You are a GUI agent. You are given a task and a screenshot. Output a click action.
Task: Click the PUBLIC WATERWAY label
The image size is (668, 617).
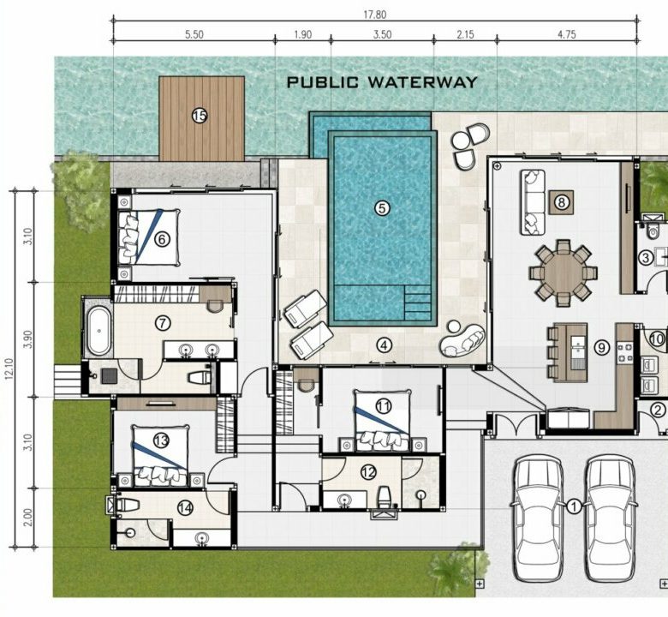382,82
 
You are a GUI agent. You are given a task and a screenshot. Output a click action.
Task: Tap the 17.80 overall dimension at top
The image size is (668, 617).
374,15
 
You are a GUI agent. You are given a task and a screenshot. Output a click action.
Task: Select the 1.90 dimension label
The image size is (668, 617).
303,34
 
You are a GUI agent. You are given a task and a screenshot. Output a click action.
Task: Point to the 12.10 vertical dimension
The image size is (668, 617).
9,369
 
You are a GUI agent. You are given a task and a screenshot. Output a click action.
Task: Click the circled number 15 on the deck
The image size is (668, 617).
200,115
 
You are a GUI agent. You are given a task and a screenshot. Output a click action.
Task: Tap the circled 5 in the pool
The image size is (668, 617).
382,208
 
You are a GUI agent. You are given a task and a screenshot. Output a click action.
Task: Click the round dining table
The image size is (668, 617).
564,273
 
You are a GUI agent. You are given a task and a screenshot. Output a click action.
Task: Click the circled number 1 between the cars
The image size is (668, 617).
574,506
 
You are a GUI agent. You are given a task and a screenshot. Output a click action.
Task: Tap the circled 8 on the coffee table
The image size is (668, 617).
561,202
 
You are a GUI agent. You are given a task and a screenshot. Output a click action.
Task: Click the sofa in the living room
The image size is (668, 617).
532,202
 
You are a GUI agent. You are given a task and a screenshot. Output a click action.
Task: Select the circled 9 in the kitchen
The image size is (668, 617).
601,348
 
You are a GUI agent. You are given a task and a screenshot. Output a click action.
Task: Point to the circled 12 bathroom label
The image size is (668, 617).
368,471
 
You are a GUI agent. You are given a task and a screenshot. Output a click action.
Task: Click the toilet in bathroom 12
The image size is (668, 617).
385,497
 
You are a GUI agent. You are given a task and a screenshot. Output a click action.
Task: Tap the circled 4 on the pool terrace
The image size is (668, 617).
385,345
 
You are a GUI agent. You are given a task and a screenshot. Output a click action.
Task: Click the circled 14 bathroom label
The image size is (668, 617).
185,508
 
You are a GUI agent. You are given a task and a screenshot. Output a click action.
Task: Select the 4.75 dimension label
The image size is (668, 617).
567,34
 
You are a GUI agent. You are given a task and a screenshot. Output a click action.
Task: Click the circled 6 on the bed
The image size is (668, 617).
162,239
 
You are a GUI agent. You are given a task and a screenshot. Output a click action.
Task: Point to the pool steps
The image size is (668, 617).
418,303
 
